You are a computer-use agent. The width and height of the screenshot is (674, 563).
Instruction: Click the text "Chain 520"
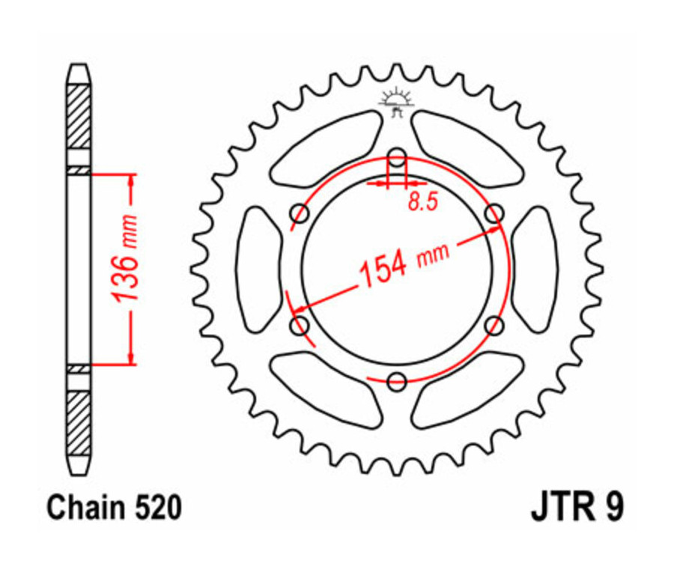pyautogui.click(x=114, y=509)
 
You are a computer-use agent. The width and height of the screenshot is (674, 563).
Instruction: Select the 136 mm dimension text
pyautogui.click(x=125, y=258)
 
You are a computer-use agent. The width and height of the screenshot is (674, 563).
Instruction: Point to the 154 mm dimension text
pyautogui.click(x=404, y=264)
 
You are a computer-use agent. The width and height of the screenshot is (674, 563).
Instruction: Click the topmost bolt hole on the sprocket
pyautogui.click(x=397, y=157)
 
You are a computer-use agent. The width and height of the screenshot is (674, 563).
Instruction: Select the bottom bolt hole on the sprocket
pyautogui.click(x=397, y=380)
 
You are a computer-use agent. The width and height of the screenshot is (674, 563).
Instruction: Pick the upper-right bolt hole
pyautogui.click(x=494, y=214)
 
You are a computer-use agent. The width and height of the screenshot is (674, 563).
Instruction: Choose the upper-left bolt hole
pyautogui.click(x=300, y=214)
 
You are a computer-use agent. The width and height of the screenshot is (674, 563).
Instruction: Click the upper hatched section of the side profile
pyautogui.click(x=79, y=117)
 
